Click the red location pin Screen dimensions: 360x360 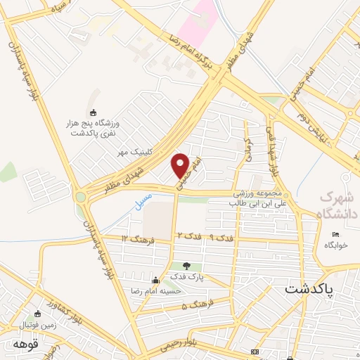pyautogui.click(x=181, y=165)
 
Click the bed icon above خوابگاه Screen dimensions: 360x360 pyautogui.click(x=335, y=234)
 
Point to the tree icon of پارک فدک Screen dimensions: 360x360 pyautogui.click(x=186, y=266)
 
